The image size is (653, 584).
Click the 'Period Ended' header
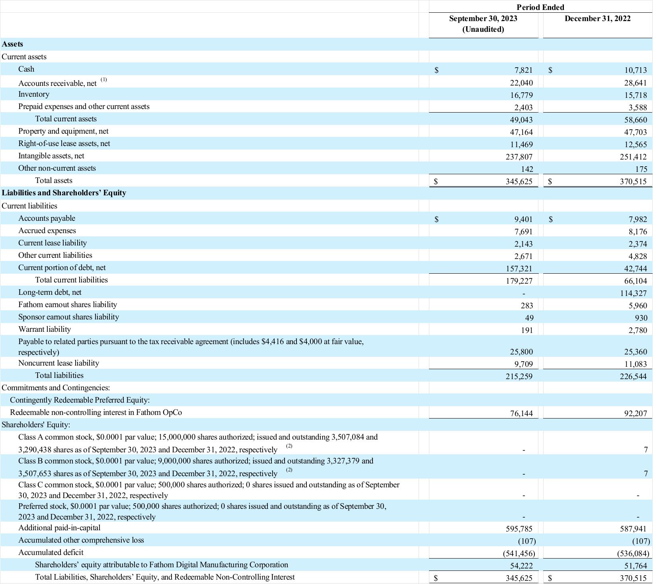pyautogui.click(x=540, y=7)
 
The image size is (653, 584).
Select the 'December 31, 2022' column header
pyautogui.click(x=597, y=19)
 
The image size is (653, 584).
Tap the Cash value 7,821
pyautogui.click(x=523, y=70)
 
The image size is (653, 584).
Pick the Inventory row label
pyautogui.click(x=34, y=94)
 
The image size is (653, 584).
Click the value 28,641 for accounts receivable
pyautogui.click(x=635, y=83)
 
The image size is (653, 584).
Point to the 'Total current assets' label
pyautogui.click(x=66, y=119)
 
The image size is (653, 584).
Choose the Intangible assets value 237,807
pyautogui.click(x=519, y=157)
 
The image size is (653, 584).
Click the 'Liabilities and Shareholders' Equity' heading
pyautogui.click(x=64, y=193)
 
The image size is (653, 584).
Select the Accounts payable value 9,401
pyautogui.click(x=523, y=219)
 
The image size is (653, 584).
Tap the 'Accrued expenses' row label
pyautogui.click(x=47, y=231)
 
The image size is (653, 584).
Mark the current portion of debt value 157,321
pyautogui.click(x=519, y=269)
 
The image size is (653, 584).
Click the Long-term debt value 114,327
pyautogui.click(x=634, y=294)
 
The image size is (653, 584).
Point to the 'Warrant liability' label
pyautogui.click(x=45, y=329)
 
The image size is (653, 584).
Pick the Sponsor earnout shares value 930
pyautogui.click(x=641, y=318)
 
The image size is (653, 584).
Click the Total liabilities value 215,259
pyautogui.click(x=519, y=376)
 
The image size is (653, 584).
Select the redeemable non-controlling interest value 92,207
pyautogui.click(x=635, y=414)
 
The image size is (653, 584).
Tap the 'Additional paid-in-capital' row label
pyautogui.click(x=59, y=528)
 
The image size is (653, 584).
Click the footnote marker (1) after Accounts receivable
pyautogui.click(x=104, y=80)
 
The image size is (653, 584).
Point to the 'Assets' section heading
pyautogui.click(x=12, y=44)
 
